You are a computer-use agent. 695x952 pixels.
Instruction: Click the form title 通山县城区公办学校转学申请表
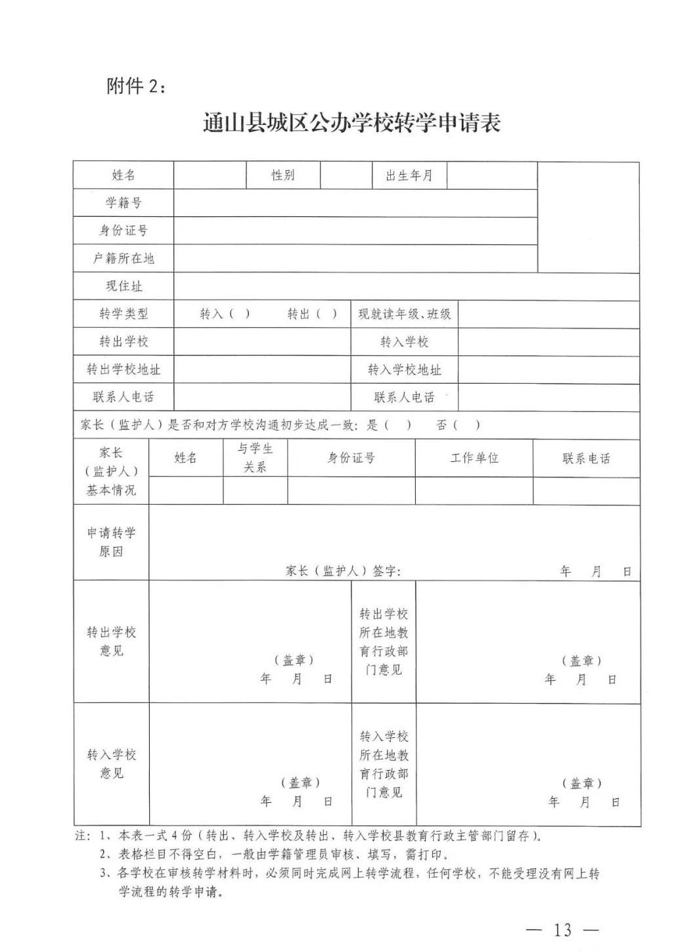[x=351, y=123]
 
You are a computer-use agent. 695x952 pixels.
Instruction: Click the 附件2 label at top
[x=136, y=86]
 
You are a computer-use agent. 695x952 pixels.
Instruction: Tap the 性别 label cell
[x=283, y=175]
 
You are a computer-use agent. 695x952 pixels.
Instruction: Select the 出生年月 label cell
[x=409, y=175]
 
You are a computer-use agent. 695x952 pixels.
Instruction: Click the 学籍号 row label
[x=123, y=203]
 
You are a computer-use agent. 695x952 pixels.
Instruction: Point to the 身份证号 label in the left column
[x=123, y=231]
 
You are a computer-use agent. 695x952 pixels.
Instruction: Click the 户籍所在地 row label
[x=123, y=258]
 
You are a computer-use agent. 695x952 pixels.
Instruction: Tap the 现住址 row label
[x=123, y=286]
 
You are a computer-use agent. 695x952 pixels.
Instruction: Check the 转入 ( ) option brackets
[x=239, y=314]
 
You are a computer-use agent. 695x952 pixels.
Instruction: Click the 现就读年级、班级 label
[x=404, y=314]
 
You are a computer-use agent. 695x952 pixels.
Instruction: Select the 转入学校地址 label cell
[x=404, y=370]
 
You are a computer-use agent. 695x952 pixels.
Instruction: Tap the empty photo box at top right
[x=588, y=217]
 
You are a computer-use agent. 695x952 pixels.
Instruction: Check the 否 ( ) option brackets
[x=467, y=425]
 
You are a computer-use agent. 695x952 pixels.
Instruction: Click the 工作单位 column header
[x=474, y=458]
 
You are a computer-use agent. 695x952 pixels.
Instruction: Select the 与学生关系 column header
[x=255, y=458]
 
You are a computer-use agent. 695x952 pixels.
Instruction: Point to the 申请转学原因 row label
[x=111, y=542]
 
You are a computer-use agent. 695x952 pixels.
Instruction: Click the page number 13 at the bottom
[x=563, y=930]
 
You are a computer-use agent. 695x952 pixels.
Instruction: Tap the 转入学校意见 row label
[x=111, y=764]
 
